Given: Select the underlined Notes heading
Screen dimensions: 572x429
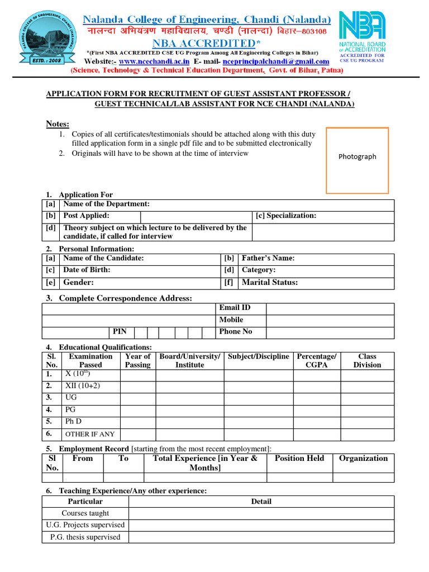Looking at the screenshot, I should (x=58, y=123).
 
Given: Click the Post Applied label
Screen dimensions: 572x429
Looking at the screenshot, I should (x=86, y=216).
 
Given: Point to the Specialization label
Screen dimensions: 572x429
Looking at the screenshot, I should (x=285, y=216).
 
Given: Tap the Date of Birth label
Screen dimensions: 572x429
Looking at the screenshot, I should (x=87, y=270).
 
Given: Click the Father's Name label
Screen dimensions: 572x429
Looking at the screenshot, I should (x=268, y=258).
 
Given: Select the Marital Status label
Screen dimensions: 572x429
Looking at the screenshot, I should (x=269, y=283).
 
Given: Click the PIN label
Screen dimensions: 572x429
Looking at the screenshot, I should (x=120, y=331).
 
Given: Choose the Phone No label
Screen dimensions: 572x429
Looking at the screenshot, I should (x=235, y=331).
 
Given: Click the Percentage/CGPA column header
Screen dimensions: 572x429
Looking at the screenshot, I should (x=317, y=360).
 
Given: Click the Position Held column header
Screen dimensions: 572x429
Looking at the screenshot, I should (x=299, y=458).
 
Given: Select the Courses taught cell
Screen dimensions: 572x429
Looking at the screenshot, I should (x=85, y=513).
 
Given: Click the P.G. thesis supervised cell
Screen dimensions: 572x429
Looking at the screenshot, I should (x=85, y=537).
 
